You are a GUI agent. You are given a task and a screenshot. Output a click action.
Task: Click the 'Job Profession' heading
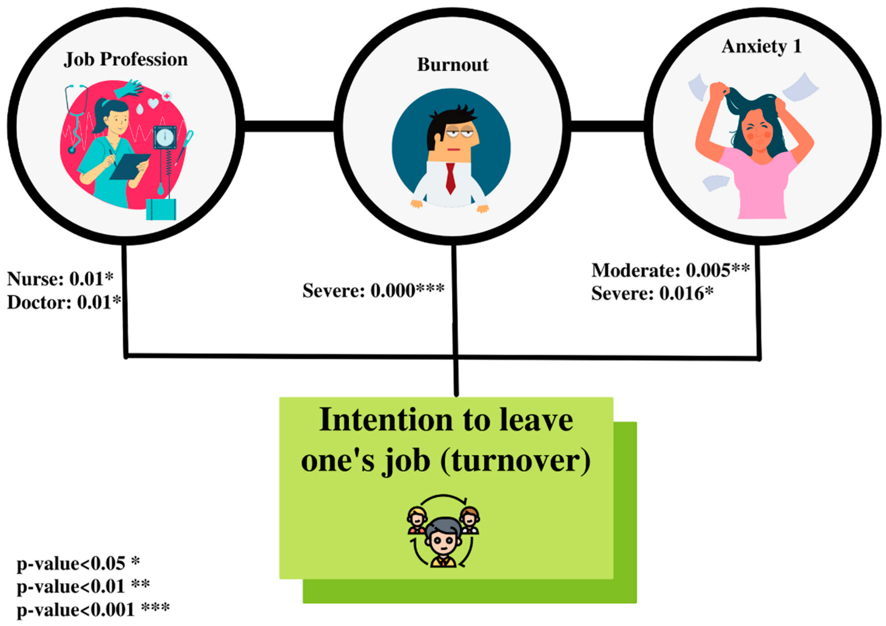tap(126, 60)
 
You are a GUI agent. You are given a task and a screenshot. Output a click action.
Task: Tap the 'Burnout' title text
tap(453, 65)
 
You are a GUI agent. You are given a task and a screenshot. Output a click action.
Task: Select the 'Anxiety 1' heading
tap(761, 47)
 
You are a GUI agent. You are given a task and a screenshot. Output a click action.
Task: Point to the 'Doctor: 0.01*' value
tap(64, 302)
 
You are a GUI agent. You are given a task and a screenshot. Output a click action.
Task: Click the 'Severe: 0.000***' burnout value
tap(373, 291)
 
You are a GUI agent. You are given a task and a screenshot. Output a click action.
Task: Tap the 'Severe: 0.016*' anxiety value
tap(652, 294)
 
